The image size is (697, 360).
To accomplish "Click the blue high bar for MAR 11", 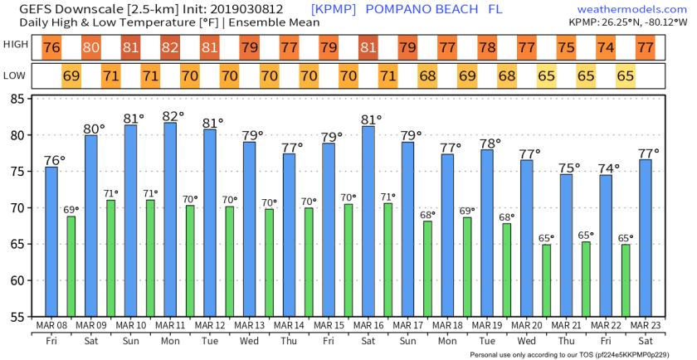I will click(x=170, y=219).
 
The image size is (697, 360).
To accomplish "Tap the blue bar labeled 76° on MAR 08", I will click(x=51, y=241).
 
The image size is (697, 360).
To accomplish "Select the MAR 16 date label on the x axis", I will click(x=367, y=325).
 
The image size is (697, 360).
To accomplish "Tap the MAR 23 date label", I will click(x=644, y=325).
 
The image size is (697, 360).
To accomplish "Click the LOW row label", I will click(x=14, y=75).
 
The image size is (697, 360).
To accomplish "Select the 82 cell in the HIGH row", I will click(x=170, y=47).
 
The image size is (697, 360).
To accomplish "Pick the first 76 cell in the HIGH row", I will click(x=51, y=47).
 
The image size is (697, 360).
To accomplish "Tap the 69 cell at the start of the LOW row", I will click(x=71, y=76).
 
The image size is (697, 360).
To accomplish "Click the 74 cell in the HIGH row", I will click(x=606, y=47).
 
